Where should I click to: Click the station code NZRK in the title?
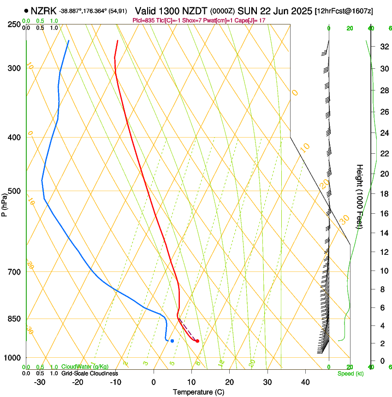[x=44, y=11]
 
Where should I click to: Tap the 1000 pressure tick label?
[x=13, y=358]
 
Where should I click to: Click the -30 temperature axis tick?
[x=40, y=382]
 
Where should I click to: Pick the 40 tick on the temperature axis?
[x=305, y=382]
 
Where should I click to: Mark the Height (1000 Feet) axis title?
[x=360, y=196]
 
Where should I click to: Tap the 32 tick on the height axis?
[x=383, y=47]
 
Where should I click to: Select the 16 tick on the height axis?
[x=383, y=214]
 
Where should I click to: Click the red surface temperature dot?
[x=197, y=341]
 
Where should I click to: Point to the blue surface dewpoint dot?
[x=172, y=341]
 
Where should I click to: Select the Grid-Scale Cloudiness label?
[x=89, y=373]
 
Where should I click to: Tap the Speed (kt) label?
[x=350, y=373]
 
